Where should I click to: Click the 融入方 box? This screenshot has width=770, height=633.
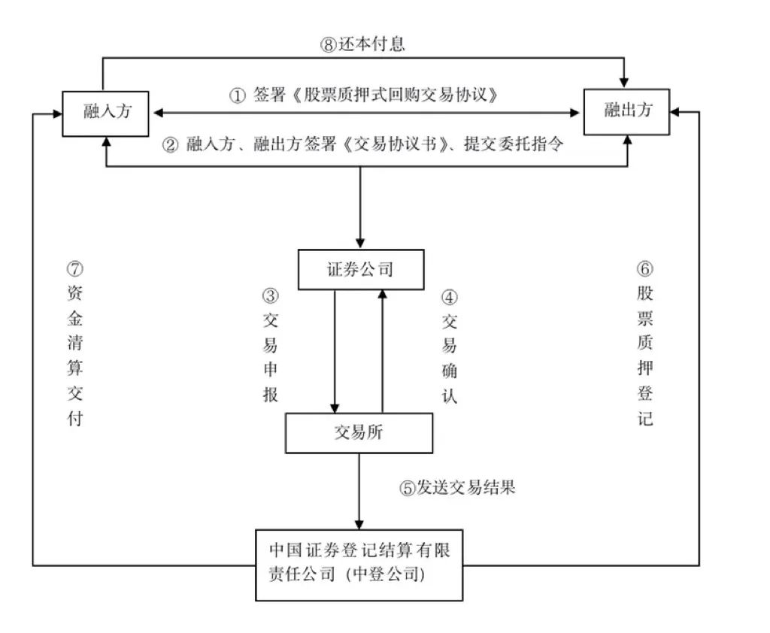tap(106, 114)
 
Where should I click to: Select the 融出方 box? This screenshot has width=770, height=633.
tap(627, 112)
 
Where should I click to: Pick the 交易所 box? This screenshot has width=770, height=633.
tap(359, 433)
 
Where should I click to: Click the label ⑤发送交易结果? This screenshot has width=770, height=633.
tap(457, 487)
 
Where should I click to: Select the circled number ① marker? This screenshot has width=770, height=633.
tap(237, 96)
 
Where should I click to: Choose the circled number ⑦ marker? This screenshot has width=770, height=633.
tap(74, 269)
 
